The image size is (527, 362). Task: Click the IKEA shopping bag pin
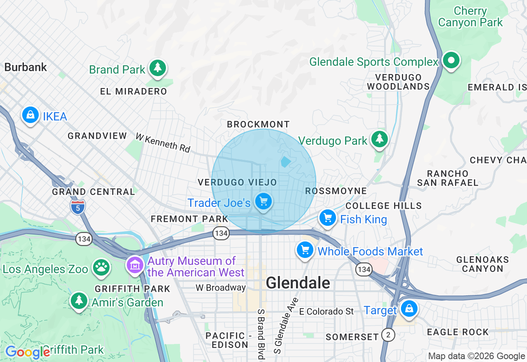coord(30,115)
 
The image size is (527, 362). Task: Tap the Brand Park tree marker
coord(157,68)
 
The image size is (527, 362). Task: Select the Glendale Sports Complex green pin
coord(451,60)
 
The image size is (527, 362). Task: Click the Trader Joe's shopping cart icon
coord(263,202)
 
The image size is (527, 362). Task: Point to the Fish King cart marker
coord(328,218)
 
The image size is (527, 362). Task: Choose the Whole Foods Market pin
coord(305,250)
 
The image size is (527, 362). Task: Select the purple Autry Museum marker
coord(135,265)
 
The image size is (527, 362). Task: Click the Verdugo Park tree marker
coord(379,139)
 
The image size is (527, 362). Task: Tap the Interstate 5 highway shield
coord(77,207)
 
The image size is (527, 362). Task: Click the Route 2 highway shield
coord(387,335)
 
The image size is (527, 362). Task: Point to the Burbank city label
coord(26,67)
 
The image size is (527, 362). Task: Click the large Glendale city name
coord(298,283)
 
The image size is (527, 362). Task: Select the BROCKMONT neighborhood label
coord(259,124)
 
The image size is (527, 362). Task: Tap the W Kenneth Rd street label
coord(163,143)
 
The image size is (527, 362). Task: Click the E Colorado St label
coord(326,311)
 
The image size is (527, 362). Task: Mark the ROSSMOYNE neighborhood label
coord(336,191)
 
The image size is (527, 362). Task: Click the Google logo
coord(27,352)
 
